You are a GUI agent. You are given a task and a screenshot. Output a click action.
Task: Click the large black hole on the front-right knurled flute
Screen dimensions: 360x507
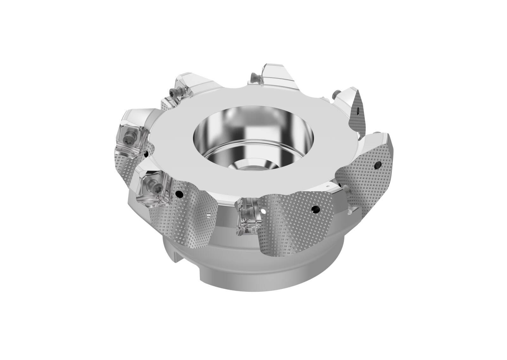coord(315,209)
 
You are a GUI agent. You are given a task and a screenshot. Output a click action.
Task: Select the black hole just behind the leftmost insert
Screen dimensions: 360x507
coord(145,154)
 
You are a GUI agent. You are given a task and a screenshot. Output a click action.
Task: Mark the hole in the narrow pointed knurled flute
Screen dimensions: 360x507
coord(357,111)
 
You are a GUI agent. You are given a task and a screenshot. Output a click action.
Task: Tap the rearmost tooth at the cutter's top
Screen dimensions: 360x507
coord(276,75)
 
